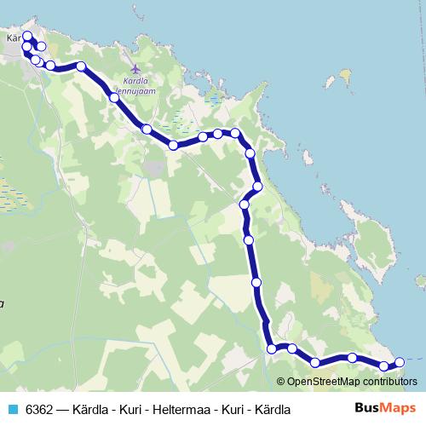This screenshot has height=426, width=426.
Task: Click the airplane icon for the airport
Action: click(x=134, y=68)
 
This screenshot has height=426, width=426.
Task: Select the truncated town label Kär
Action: click(x=13, y=38)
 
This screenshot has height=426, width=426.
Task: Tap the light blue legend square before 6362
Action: click(x=11, y=409)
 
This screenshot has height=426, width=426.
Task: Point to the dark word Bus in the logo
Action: click(x=367, y=408)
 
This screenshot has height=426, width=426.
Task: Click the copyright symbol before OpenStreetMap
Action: click(x=282, y=382)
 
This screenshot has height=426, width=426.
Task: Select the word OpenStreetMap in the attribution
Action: click(x=323, y=382)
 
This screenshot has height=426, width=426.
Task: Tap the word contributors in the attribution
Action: click(x=390, y=382)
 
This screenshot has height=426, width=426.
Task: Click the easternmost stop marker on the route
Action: click(x=400, y=363)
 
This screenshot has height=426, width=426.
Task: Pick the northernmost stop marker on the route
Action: click(x=26, y=36)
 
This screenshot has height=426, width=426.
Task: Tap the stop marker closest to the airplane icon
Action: click(x=114, y=97)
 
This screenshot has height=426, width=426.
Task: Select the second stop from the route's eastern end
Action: click(x=384, y=366)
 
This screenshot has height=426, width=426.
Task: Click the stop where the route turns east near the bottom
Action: click(x=272, y=348)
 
